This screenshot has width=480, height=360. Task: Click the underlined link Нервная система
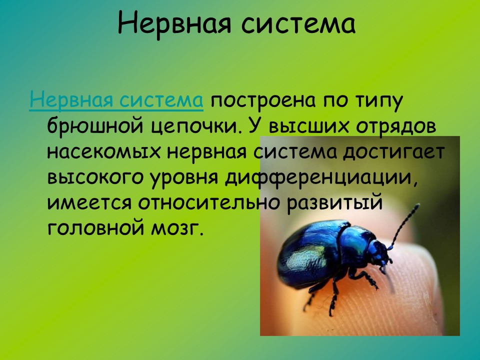[116, 100]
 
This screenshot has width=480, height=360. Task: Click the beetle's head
[382, 253]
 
